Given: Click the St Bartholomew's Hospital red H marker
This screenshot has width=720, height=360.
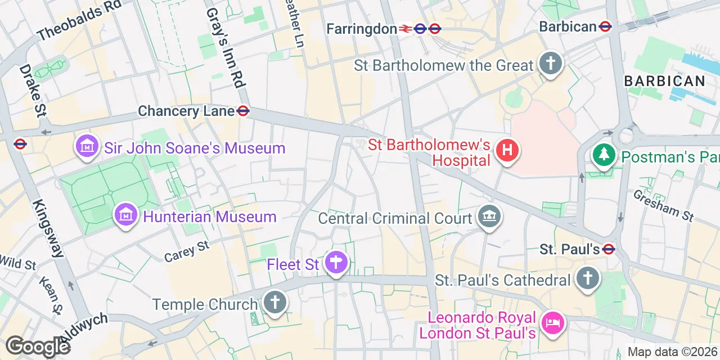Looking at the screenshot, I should click(507, 151).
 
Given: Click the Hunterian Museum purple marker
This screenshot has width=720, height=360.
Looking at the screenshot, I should click(126, 214).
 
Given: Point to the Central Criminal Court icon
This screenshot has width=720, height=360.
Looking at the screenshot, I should click(489, 216).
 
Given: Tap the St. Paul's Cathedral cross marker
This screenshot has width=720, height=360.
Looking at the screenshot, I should click(587, 278).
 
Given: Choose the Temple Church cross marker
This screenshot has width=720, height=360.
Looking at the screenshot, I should click(274, 303).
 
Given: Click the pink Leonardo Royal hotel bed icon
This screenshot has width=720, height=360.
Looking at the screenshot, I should click(550, 323).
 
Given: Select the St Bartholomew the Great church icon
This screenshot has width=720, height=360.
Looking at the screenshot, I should click(550, 64).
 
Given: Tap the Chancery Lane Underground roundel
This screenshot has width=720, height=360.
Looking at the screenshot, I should click(243, 111).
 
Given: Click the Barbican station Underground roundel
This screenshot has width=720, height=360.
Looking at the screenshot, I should click(605, 26).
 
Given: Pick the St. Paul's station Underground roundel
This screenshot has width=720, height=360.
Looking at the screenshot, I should click(608, 249).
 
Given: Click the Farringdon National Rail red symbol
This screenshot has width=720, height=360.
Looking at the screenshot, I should click(405, 29).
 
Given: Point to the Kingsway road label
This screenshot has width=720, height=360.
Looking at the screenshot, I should click(48, 228).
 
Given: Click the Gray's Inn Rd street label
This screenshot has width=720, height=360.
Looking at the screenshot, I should click(224, 48).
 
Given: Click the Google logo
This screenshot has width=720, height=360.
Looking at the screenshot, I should click(37, 346).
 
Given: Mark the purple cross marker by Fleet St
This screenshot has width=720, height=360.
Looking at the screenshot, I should click(336, 262).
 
